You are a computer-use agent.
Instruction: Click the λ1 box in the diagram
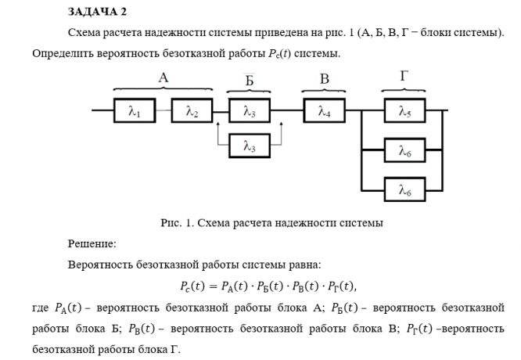(x=135, y=112)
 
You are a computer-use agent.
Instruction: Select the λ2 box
(x=192, y=112)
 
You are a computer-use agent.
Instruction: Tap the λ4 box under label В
(x=325, y=112)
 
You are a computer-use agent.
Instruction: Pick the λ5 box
(x=404, y=112)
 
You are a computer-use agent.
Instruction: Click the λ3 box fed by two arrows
(x=249, y=112)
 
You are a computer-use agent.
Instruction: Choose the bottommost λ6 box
(x=404, y=189)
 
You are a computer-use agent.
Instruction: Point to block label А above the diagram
(x=163, y=77)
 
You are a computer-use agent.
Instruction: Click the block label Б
(x=249, y=79)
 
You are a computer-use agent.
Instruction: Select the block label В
(x=325, y=78)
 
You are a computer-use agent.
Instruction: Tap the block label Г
(x=404, y=77)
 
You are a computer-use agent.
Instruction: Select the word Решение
(x=92, y=243)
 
